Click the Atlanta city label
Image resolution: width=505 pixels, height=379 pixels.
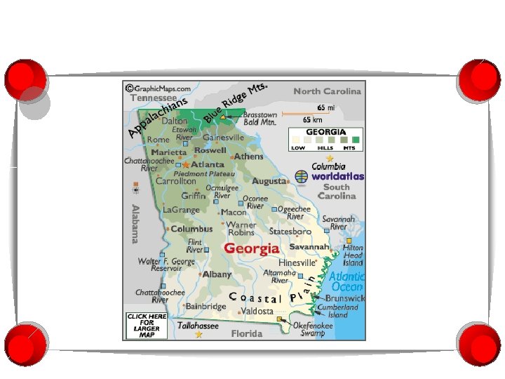[208, 164]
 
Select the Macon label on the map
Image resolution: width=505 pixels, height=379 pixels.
[234, 212]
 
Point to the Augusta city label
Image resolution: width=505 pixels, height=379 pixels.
[269, 181]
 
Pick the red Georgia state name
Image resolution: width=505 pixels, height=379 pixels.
[251, 248]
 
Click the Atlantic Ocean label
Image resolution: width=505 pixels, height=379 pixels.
[346, 281]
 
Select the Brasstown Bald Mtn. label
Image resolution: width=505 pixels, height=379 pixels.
[260, 119]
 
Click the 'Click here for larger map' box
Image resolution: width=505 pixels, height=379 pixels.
[147, 326]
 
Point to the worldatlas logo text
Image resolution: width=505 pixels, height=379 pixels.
[337, 177]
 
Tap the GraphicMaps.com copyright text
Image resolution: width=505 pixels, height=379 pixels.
[159, 89]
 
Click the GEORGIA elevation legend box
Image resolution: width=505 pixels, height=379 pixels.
[325, 140]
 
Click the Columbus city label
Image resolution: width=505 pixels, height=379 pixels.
[191, 229]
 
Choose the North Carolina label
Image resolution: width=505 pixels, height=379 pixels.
[327, 91]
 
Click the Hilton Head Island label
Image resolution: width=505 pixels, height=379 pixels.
[353, 255]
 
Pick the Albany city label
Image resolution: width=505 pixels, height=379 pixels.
[217, 274]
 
